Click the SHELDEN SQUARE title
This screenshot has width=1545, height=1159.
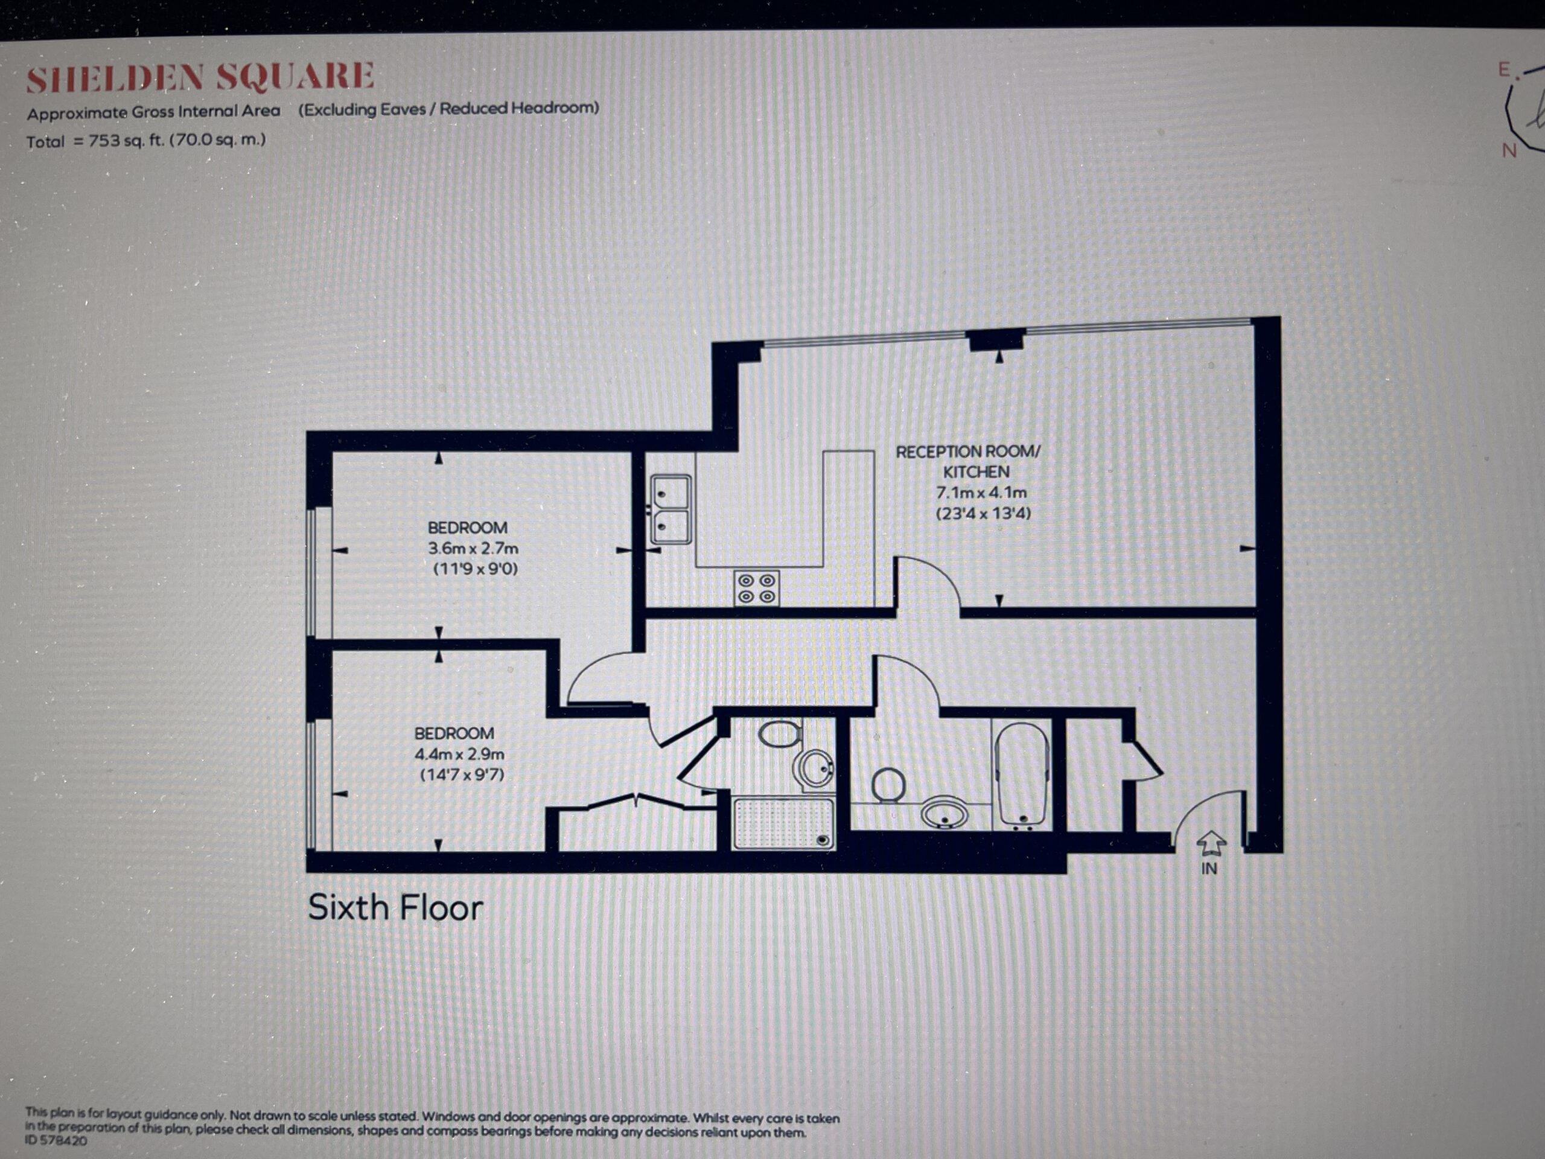pyautogui.click(x=200, y=77)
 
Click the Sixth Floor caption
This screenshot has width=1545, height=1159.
pyautogui.click(x=395, y=907)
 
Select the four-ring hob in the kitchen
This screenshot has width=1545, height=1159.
pyautogui.click(x=756, y=588)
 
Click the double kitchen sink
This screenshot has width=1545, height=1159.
pyautogui.click(x=671, y=510)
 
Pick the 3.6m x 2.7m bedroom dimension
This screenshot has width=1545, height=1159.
pyautogui.click(x=474, y=548)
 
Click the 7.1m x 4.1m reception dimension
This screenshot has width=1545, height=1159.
pyautogui.click(x=981, y=493)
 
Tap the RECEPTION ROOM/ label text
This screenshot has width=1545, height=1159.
pyautogui.click(x=968, y=452)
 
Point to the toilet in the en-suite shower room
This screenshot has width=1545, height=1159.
pyautogui.click(x=780, y=734)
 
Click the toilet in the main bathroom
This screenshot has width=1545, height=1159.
pyautogui.click(x=889, y=785)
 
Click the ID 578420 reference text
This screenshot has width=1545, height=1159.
pyautogui.click(x=57, y=1141)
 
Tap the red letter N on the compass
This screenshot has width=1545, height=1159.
pyautogui.click(x=1509, y=150)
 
